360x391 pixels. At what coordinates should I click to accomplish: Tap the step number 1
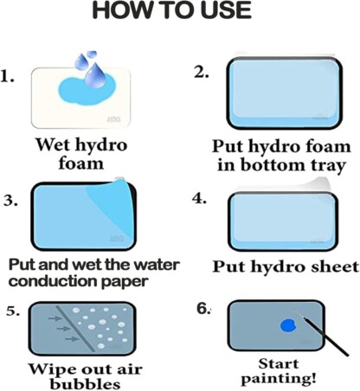(x=8, y=77)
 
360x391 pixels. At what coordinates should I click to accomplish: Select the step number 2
(x=202, y=73)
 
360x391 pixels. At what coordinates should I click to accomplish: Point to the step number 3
(x=10, y=200)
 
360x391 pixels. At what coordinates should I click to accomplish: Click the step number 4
(x=200, y=198)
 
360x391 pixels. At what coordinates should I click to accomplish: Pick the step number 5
(x=13, y=311)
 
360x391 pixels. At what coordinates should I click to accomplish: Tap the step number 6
(x=203, y=309)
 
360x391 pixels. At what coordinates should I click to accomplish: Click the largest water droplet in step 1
(x=96, y=74)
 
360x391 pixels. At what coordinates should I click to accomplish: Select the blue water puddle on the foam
(x=86, y=89)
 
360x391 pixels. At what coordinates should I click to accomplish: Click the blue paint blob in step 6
(x=288, y=325)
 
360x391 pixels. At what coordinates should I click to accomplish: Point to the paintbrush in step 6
(x=321, y=332)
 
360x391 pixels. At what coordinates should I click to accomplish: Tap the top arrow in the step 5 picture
(x=55, y=318)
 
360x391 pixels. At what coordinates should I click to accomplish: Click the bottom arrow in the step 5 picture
(x=72, y=338)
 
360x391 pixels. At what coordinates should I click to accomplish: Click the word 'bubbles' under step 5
(x=85, y=384)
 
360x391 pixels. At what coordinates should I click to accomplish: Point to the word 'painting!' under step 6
(x=278, y=380)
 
